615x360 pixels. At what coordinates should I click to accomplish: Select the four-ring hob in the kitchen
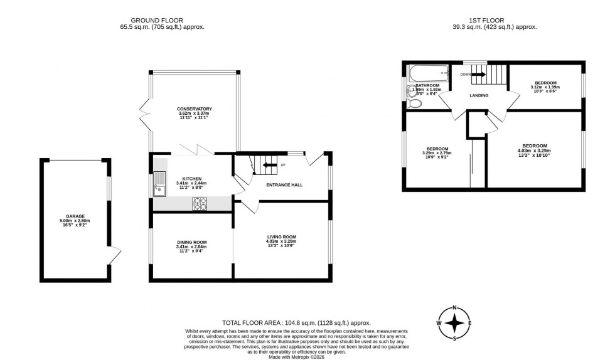pos(200,203)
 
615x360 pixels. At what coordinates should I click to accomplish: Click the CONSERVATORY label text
pos(195,109)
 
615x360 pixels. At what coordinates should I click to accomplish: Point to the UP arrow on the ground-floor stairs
pos(269,166)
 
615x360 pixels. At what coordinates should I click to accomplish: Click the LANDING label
pos(479,95)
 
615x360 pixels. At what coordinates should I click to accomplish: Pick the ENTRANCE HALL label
pos(284,184)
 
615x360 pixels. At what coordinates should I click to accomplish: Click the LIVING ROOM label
pos(281,236)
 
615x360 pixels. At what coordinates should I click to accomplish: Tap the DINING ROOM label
pos(192,242)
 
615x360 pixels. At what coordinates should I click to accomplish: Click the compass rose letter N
pos(455,308)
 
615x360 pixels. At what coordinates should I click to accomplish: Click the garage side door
pos(114,255)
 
